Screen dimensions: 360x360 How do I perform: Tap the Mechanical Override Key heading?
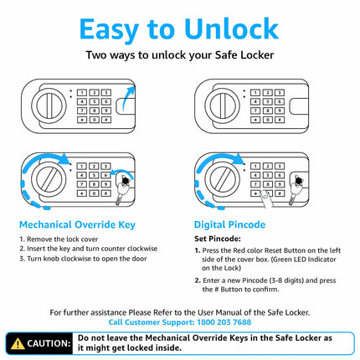click(x=76, y=224)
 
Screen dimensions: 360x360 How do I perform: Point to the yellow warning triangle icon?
click(x=17, y=343)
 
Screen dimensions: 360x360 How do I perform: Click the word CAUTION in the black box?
click(x=49, y=343)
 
